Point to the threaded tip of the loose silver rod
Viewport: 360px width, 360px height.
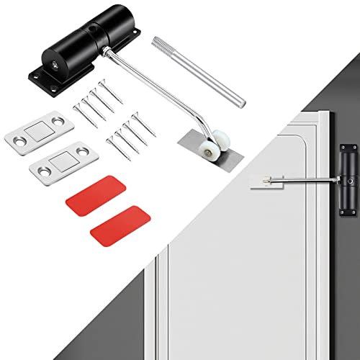160,44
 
